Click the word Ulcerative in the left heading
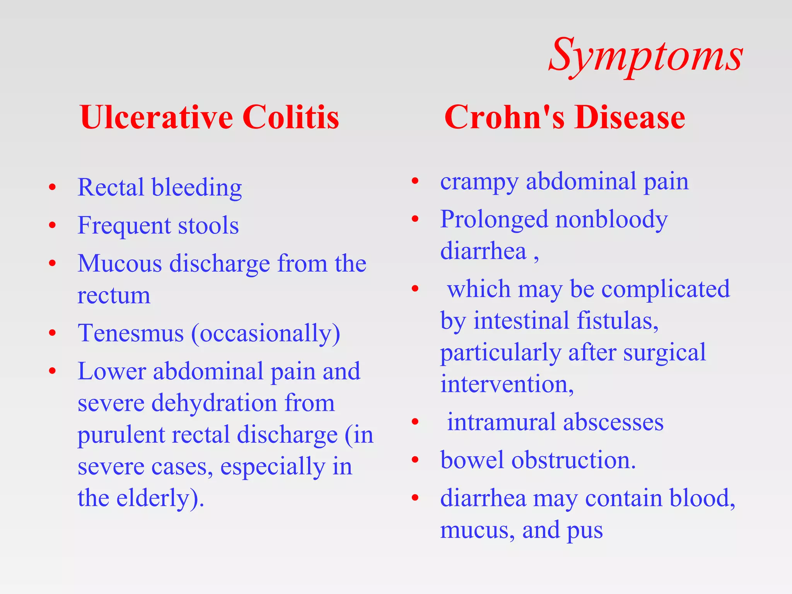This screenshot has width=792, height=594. [156, 117]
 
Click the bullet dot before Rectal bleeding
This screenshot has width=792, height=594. [53, 188]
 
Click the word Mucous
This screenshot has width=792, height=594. [119, 263]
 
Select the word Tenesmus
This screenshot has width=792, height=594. [131, 333]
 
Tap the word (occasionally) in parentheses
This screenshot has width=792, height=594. [266, 333]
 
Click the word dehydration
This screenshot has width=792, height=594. [214, 403]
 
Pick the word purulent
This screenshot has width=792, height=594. [121, 435]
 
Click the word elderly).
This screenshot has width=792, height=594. [160, 498]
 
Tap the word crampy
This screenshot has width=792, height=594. [479, 182]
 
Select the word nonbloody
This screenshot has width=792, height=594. [611, 220]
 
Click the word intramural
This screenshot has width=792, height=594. [501, 422]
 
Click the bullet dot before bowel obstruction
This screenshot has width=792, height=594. [415, 460]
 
